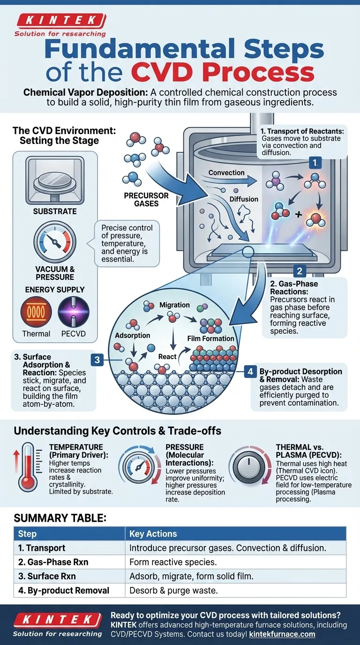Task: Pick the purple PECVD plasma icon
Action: click(74, 311)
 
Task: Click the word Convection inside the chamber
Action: click(226, 173)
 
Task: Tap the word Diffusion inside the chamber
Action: click(244, 199)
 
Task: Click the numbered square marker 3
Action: click(97, 360)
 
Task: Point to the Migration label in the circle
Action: click(174, 305)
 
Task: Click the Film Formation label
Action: click(210, 338)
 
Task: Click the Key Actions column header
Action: click(153, 534)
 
